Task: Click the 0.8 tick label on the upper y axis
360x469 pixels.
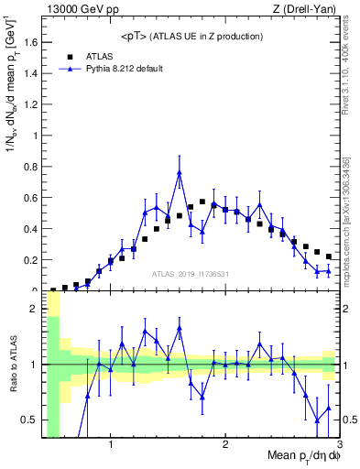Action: pos(33,167)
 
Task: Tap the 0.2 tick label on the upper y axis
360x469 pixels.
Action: pos(33,260)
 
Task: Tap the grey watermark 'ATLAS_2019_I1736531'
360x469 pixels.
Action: pos(191,275)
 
